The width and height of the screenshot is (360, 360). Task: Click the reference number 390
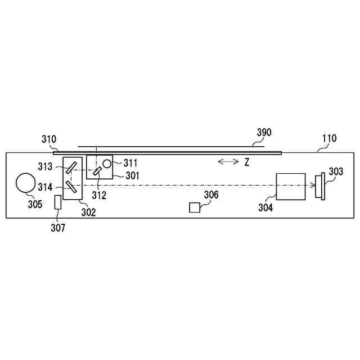tap(264, 133)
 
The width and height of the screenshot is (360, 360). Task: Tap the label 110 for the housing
tap(330, 138)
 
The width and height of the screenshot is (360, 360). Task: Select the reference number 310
tap(49, 139)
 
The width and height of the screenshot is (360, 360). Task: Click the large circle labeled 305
tap(26, 183)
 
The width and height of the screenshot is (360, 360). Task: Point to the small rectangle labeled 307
tap(58, 202)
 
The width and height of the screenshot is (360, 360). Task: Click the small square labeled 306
tap(195, 208)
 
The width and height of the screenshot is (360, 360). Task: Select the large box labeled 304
tap(291, 187)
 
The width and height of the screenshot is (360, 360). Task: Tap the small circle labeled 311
tap(107, 164)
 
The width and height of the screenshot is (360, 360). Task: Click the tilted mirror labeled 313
tap(71, 168)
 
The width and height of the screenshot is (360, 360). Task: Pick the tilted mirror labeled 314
tap(71, 187)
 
